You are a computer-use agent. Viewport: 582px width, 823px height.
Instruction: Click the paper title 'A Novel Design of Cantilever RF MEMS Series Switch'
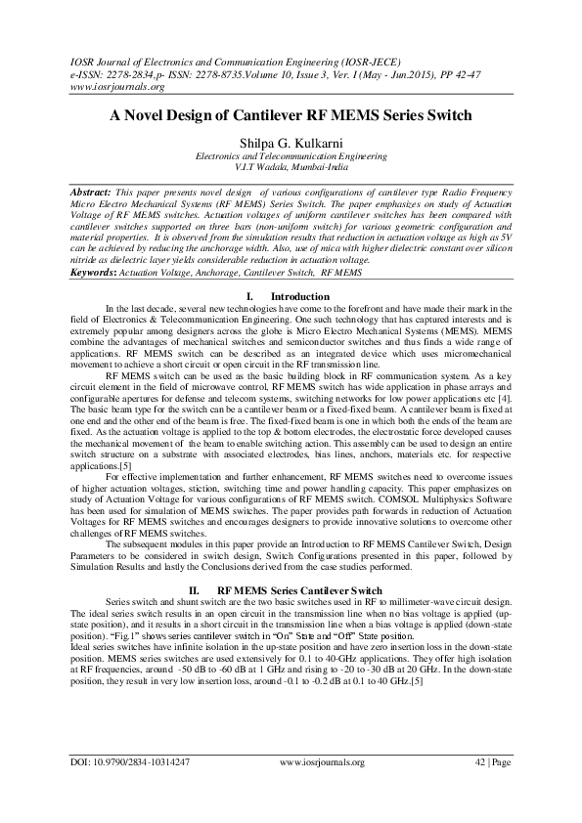pos(290,115)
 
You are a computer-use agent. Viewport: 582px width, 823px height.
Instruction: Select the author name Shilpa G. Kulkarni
pos(290,143)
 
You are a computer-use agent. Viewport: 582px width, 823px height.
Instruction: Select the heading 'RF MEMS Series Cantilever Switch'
pos(298,591)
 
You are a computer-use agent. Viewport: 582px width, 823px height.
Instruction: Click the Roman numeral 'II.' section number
pos(194,591)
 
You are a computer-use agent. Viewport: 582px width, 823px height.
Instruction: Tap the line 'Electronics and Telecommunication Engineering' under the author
pos(291,155)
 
